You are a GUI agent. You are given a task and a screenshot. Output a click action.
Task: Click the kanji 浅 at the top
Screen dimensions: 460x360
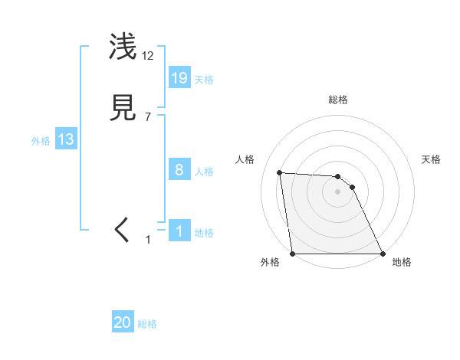tap(123, 47)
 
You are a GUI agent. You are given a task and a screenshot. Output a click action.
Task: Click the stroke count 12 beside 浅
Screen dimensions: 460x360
tap(148, 55)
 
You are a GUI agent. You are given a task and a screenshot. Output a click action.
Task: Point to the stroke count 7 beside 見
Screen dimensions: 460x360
tap(148, 116)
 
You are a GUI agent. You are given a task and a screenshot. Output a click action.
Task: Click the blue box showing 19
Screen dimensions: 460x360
tap(179, 78)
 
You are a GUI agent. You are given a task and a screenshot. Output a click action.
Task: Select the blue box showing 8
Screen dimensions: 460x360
tap(179, 170)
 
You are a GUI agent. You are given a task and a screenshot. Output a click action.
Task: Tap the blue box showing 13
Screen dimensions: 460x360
tap(66, 139)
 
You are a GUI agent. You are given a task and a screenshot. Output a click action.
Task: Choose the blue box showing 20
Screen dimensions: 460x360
tap(123, 323)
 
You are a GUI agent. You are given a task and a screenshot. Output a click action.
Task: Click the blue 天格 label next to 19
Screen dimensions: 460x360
tap(204, 79)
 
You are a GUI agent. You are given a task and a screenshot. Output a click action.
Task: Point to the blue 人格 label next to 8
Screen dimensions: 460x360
tap(204, 171)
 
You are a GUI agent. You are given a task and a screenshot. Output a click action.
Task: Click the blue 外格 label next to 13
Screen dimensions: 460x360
tap(41, 140)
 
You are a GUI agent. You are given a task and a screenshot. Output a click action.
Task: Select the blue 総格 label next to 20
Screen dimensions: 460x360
tap(147, 324)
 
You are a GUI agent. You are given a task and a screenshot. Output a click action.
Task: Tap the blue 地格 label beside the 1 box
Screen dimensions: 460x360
tap(204, 232)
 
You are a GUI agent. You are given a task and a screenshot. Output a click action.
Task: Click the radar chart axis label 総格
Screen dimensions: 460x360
tap(338, 100)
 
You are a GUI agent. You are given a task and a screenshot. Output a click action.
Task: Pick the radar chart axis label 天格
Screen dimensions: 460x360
tap(431, 159)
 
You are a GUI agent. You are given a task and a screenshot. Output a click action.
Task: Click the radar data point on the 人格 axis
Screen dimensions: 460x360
tap(280, 173)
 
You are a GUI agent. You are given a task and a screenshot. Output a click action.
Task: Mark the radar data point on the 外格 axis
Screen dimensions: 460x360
tap(292, 254)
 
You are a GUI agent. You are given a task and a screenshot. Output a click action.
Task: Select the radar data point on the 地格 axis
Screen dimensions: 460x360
tap(383, 254)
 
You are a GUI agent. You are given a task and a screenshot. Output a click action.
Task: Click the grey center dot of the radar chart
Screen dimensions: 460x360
tap(337, 192)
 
